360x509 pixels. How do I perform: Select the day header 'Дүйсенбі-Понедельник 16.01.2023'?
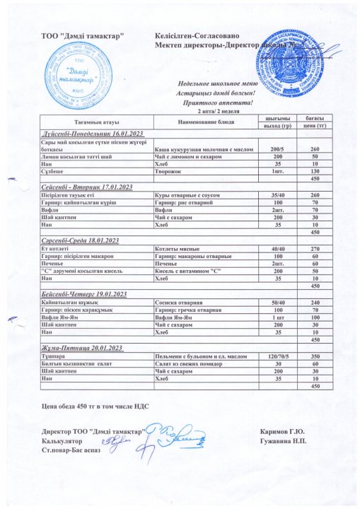[x=83, y=134]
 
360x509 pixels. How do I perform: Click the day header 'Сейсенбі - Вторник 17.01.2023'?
[x=83, y=187]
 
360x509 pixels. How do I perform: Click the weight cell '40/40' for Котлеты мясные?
[x=277, y=248]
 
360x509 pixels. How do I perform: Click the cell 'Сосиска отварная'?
[x=175, y=302]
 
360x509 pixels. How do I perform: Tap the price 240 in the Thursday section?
[x=315, y=302]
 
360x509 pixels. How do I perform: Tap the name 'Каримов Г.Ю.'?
[x=282, y=431]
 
